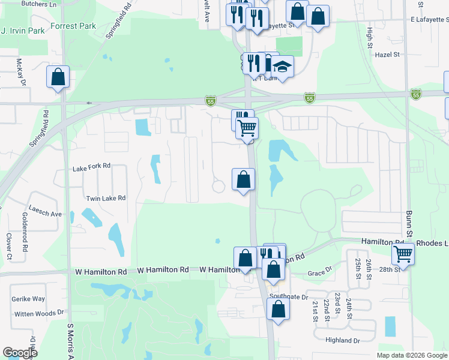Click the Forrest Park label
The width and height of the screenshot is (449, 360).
[x=73, y=26]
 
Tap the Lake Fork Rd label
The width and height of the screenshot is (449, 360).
[x=92, y=166]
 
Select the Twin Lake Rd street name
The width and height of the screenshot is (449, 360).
[x=106, y=198]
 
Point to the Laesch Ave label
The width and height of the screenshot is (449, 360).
[x=49, y=214]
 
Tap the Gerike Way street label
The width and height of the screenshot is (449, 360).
[x=28, y=299]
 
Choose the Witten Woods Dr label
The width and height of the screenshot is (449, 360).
[x=40, y=313]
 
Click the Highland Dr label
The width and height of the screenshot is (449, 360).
[x=343, y=340]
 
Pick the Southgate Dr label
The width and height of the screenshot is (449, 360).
[x=289, y=296]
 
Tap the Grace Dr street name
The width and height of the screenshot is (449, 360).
[x=319, y=273]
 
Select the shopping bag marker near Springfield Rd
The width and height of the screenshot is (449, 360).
[x=58, y=77]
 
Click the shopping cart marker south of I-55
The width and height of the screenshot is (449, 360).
[x=247, y=127]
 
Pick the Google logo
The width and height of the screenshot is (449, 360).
[x=20, y=353]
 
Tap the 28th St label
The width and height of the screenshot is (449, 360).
[x=389, y=270]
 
